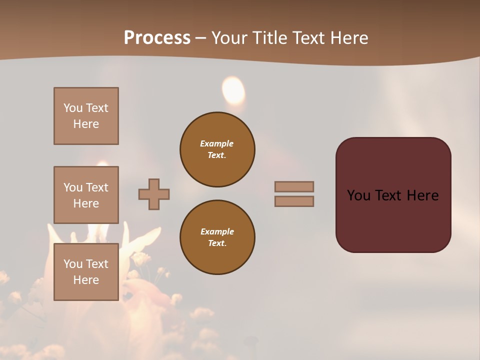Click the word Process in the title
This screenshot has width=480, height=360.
point(157,38)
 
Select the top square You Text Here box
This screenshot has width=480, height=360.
point(86,116)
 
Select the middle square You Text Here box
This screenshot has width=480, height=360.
point(86,195)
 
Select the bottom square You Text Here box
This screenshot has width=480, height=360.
point(86,272)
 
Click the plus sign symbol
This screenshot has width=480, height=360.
point(154,194)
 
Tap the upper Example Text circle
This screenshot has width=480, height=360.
point(217,149)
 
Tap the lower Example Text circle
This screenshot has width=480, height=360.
point(217,237)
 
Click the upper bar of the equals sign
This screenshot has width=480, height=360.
point(294,186)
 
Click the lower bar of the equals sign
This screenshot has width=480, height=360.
point(294,201)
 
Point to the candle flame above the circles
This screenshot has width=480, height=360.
point(233,90)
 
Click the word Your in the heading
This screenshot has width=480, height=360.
point(230,38)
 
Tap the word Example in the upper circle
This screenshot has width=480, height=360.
point(217,143)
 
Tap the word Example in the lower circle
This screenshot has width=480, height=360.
point(217,231)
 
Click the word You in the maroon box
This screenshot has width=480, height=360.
point(358,195)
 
